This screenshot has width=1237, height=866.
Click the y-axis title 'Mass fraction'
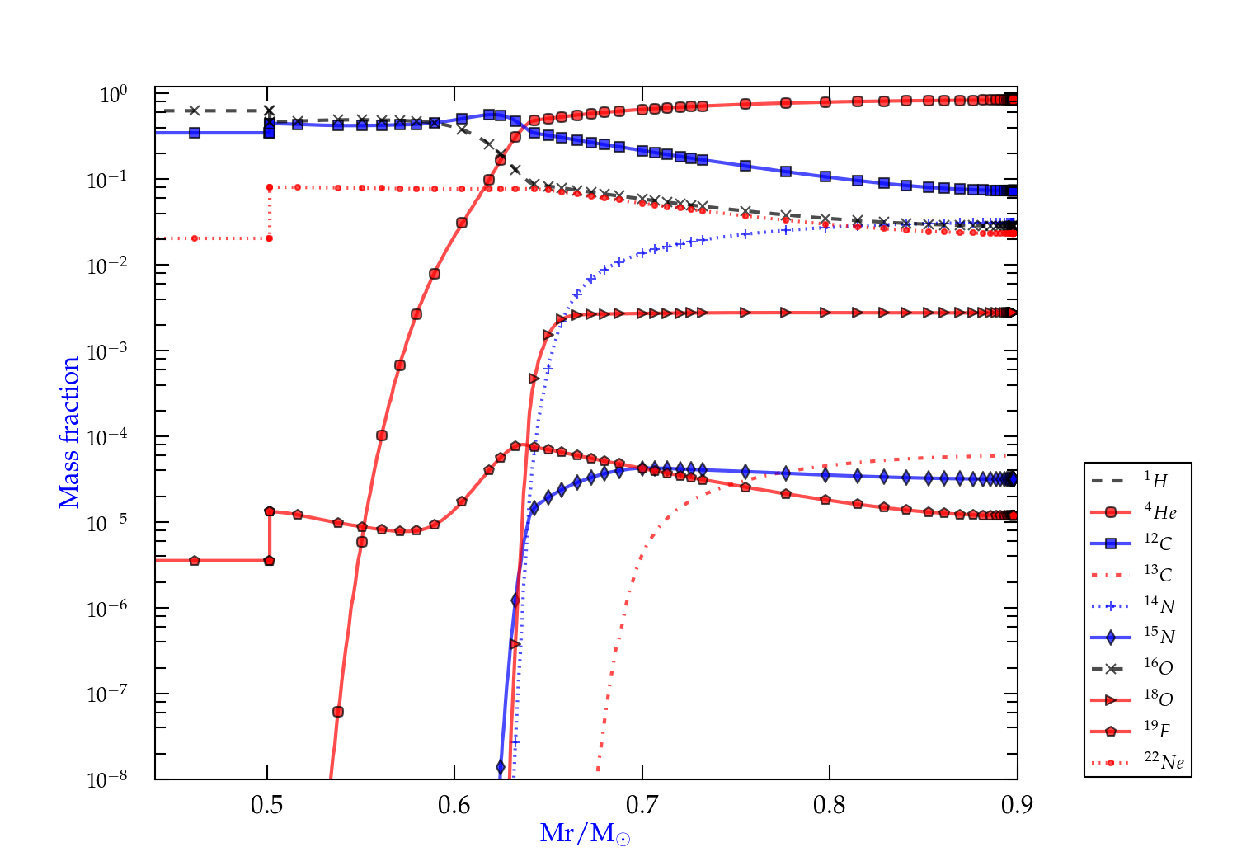pos(68,432)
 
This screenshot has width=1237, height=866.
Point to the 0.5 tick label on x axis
pos(267,805)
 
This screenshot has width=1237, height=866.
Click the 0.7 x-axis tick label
pos(642,805)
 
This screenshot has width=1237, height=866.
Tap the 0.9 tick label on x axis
pos(1017,805)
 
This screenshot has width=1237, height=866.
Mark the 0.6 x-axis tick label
pos(454,805)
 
